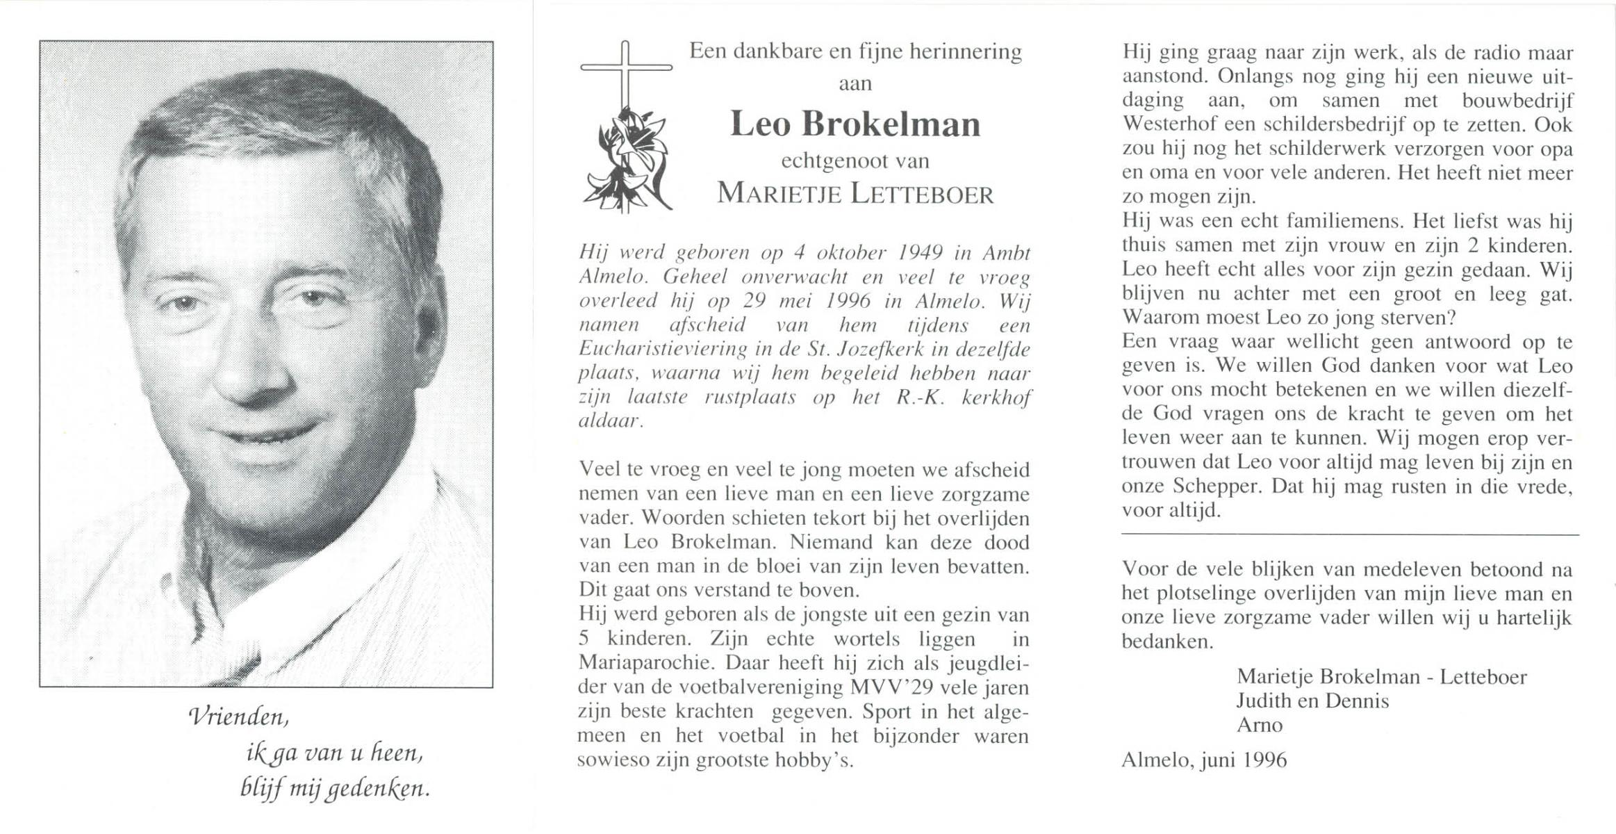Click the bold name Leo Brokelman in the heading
(x=855, y=124)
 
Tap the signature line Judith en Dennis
(x=1312, y=701)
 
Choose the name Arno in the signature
(x=1259, y=725)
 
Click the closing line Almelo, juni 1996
(x=1204, y=760)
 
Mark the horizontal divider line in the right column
(x=1349, y=534)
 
